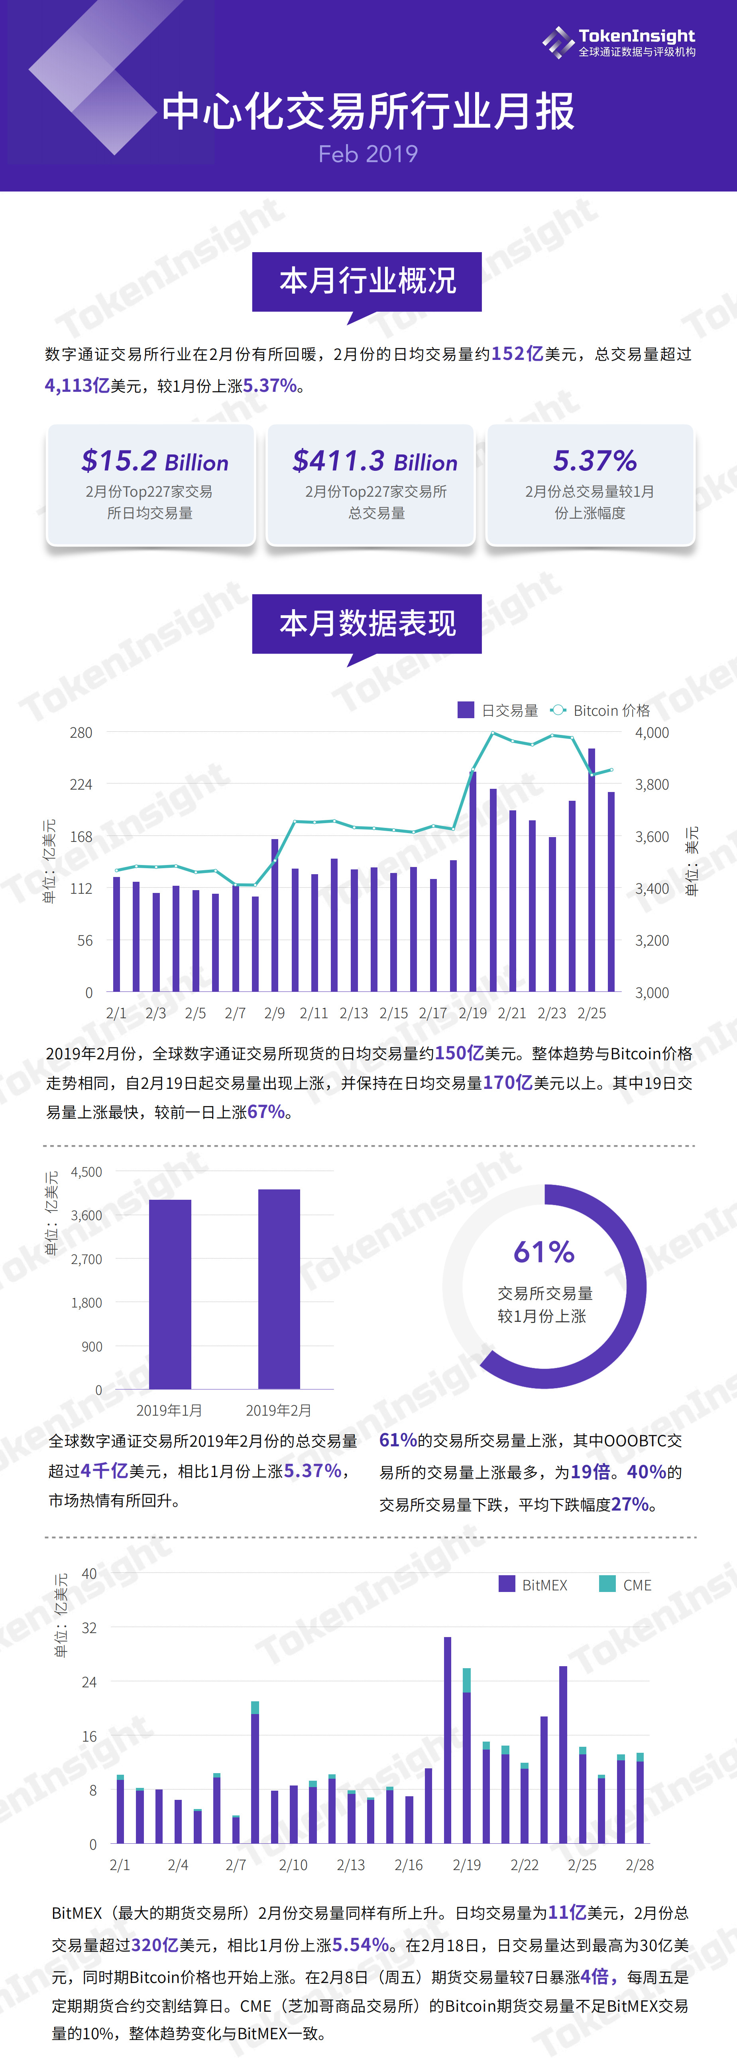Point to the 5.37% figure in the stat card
595,461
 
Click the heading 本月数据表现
367,623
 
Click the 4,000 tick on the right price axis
652,733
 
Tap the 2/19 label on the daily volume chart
473,1013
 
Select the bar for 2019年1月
170,1294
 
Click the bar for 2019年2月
279,1289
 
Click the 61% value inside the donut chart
544,1252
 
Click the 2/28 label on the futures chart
640,1864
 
